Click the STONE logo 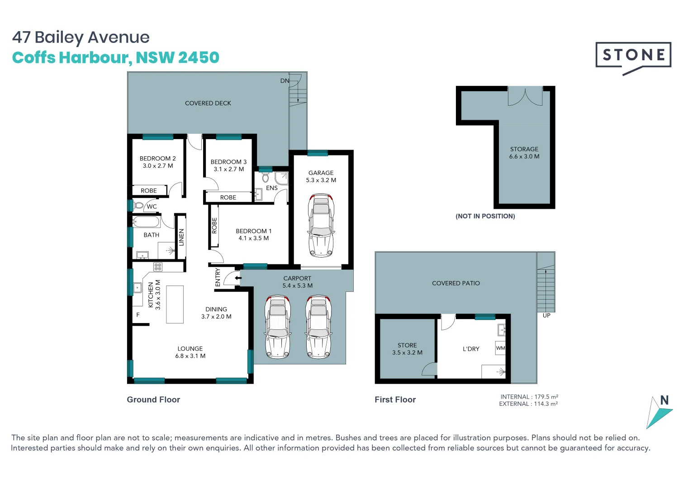633,56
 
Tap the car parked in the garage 321,225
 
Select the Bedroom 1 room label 253,231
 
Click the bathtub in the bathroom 146,222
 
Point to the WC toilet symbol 138,206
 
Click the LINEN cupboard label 181,237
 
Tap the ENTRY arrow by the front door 237,278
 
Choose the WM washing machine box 500,348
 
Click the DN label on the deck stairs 285,81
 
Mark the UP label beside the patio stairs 546,315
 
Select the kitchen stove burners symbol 157,267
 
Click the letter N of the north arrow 664,400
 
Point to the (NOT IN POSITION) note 485,216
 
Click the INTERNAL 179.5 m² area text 529,397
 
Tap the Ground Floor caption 153,399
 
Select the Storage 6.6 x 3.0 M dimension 524,156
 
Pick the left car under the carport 278,326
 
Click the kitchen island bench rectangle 175,304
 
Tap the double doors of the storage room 525,96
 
